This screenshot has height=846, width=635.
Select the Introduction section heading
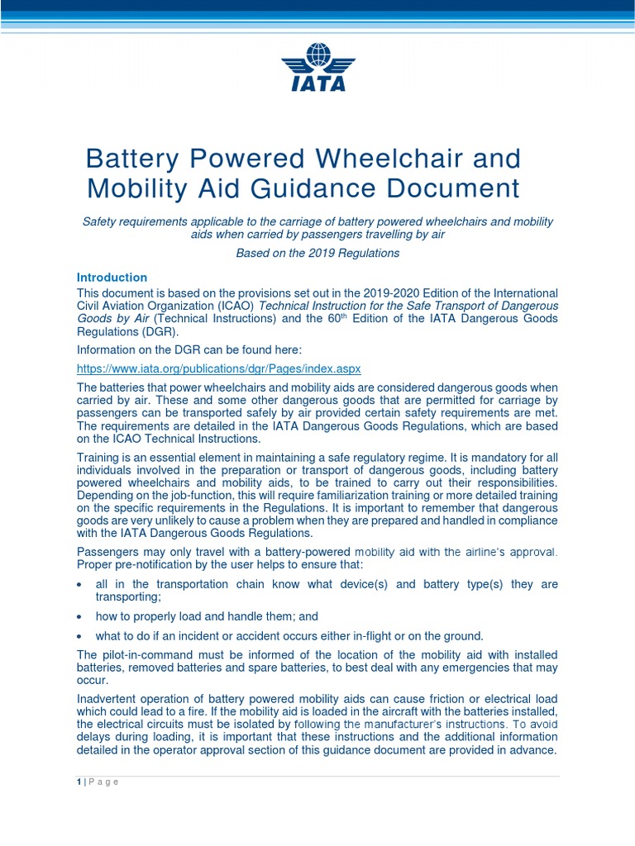click(x=112, y=278)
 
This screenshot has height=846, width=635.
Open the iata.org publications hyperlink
click(x=218, y=368)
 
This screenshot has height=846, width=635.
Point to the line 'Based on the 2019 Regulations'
click(x=317, y=253)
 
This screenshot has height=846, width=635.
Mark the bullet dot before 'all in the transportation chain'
click(x=79, y=584)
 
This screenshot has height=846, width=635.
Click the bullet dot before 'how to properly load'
click(x=79, y=616)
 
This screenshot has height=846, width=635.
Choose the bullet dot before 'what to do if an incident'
click(x=79, y=636)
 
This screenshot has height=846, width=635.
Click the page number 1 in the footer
click(x=79, y=782)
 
